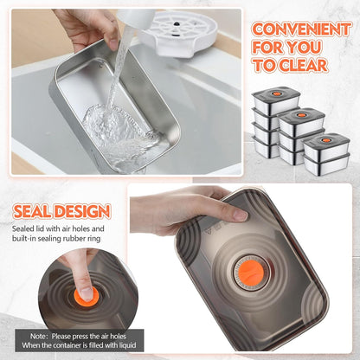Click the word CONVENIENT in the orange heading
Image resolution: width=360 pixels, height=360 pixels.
click(x=301, y=29)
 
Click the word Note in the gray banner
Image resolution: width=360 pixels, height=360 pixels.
click(x=38, y=337)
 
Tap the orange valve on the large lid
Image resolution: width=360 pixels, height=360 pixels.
click(x=252, y=273)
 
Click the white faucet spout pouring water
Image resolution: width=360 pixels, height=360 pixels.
click(x=136, y=18)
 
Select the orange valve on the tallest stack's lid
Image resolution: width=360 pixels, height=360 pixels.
click(x=276, y=94)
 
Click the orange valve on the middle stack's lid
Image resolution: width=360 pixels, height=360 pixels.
click(x=302, y=115)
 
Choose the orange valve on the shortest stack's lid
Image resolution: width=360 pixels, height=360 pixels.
click(x=326, y=140)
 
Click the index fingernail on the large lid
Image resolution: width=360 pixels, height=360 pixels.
click(x=240, y=215)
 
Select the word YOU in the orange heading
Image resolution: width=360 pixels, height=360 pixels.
click(x=305, y=48)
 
